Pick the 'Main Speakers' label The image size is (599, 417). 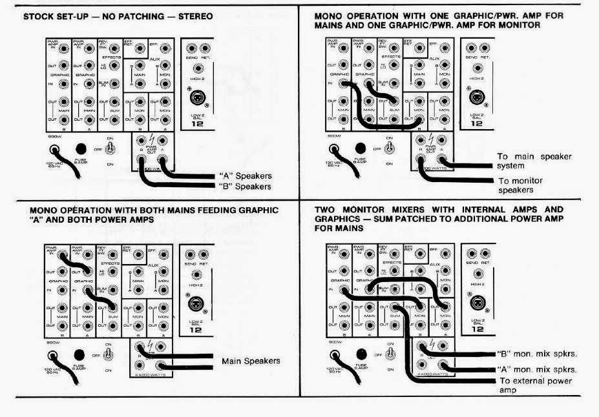pos(251,361)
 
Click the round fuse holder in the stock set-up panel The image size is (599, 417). pos(81,148)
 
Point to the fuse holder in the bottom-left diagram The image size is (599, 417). pos(79,355)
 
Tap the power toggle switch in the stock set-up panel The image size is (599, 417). pos(110,148)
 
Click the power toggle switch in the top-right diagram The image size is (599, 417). pos(390,147)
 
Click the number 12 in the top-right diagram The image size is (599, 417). pos(476,124)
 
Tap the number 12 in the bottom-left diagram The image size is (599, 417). pos(196,330)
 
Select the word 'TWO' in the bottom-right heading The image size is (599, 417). pos(326,210)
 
